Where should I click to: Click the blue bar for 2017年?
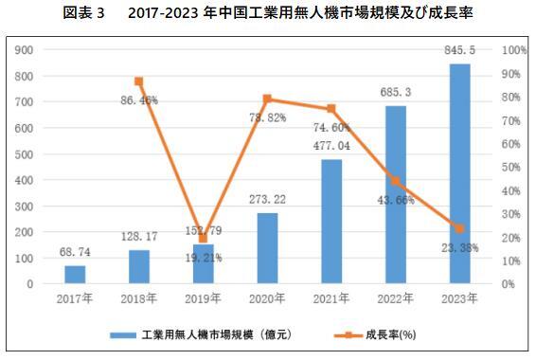[x=75, y=275]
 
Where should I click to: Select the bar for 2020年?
[x=267, y=248]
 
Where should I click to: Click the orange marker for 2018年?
[x=139, y=81]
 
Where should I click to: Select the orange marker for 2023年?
[x=459, y=228]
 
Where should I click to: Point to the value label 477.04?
[x=331, y=147]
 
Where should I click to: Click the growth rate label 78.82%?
[x=268, y=117]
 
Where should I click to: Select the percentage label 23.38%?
[x=458, y=247]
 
